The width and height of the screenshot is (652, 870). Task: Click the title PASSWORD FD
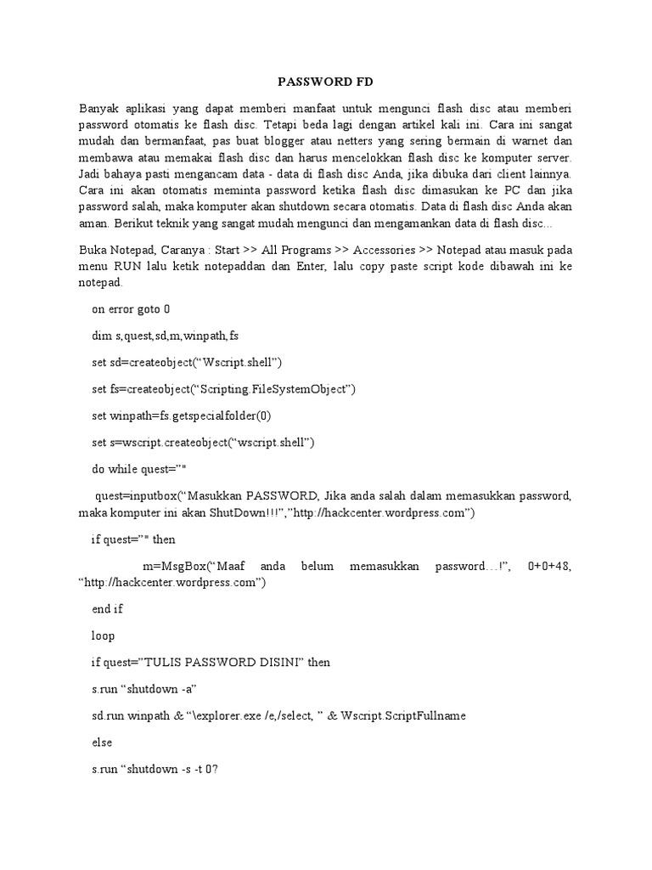coord(326,82)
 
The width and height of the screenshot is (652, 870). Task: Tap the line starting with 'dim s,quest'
coord(165,336)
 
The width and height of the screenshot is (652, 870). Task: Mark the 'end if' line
coord(106,608)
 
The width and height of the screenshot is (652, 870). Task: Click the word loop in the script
coord(103,635)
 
